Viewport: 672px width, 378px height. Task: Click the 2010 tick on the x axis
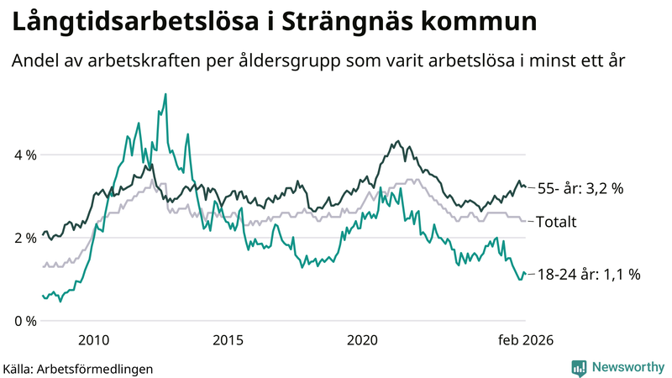coord(93,340)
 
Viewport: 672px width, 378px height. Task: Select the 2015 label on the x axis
coord(228,340)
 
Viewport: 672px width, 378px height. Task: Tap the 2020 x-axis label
coord(362,340)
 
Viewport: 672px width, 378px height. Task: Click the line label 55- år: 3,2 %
coord(581,189)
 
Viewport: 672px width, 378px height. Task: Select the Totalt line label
coord(558,223)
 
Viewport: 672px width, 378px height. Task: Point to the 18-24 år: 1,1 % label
coord(588,274)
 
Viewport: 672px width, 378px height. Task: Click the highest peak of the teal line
coord(165,95)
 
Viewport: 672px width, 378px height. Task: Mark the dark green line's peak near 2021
coord(398,142)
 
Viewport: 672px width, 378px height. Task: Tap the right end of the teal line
coord(525,274)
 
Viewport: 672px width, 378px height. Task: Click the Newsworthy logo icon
coord(579,367)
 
